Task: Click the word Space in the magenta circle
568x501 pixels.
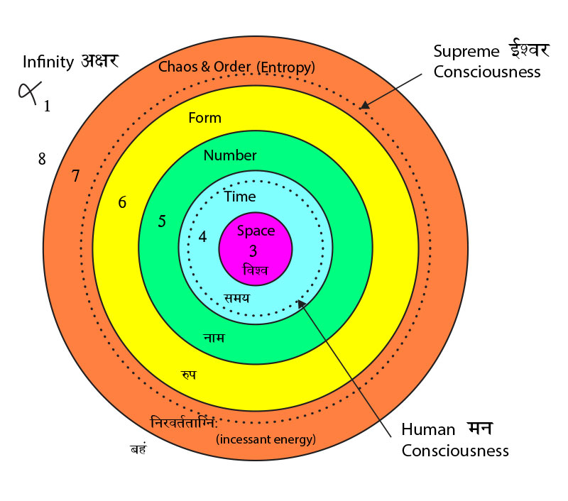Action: coord(256,231)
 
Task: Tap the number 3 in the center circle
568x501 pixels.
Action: coord(253,250)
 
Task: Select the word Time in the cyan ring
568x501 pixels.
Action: coord(240,197)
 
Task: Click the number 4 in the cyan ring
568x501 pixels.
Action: coord(202,237)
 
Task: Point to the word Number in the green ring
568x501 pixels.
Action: coord(230,155)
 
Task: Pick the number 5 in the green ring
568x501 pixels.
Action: coord(162,221)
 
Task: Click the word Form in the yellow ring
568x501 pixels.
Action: coord(204,118)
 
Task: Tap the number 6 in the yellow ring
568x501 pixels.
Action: coord(122,202)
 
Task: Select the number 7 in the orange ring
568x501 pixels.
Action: coord(75,177)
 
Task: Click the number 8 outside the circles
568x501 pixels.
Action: coord(42,159)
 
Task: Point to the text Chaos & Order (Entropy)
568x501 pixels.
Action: coord(236,67)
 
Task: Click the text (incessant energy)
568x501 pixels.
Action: coord(265,439)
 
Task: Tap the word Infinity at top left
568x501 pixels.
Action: coord(48,62)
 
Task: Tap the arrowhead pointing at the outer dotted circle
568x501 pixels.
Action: coord(364,106)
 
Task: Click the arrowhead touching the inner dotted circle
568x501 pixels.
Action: coord(302,304)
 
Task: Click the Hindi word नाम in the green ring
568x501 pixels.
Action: coord(213,338)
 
